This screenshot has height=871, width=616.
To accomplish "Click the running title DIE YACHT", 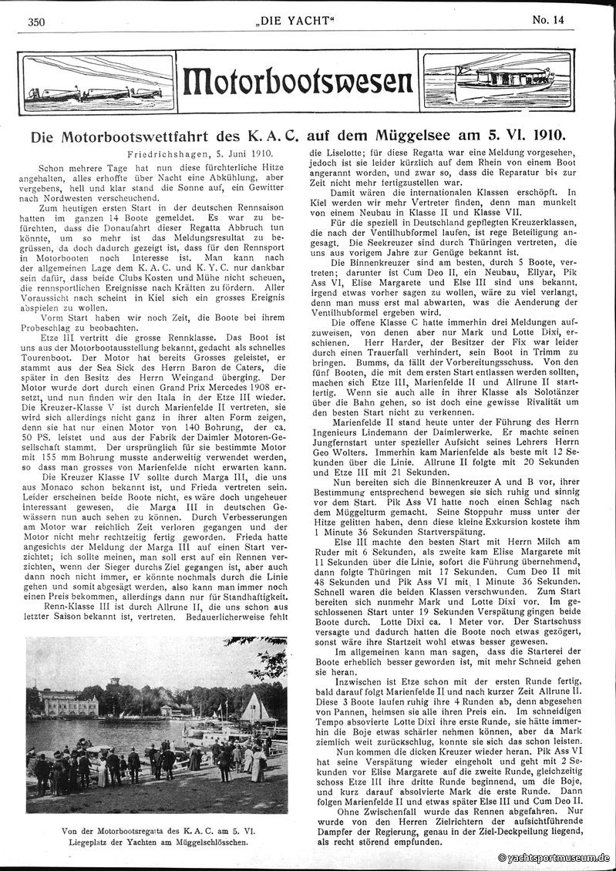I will pos(308,22).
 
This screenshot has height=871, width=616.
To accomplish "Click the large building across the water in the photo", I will pos(72,705).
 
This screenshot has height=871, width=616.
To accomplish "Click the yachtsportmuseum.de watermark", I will pos(555,857).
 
